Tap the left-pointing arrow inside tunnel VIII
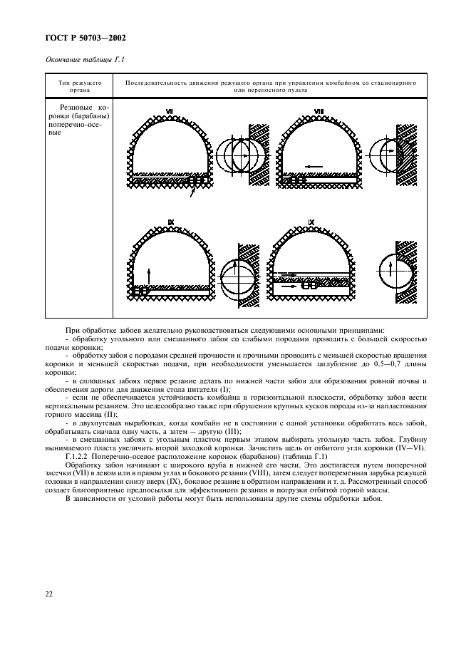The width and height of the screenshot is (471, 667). pyautogui.click(x=308, y=166)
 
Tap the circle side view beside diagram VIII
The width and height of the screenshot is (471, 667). pyautogui.click(x=394, y=153)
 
